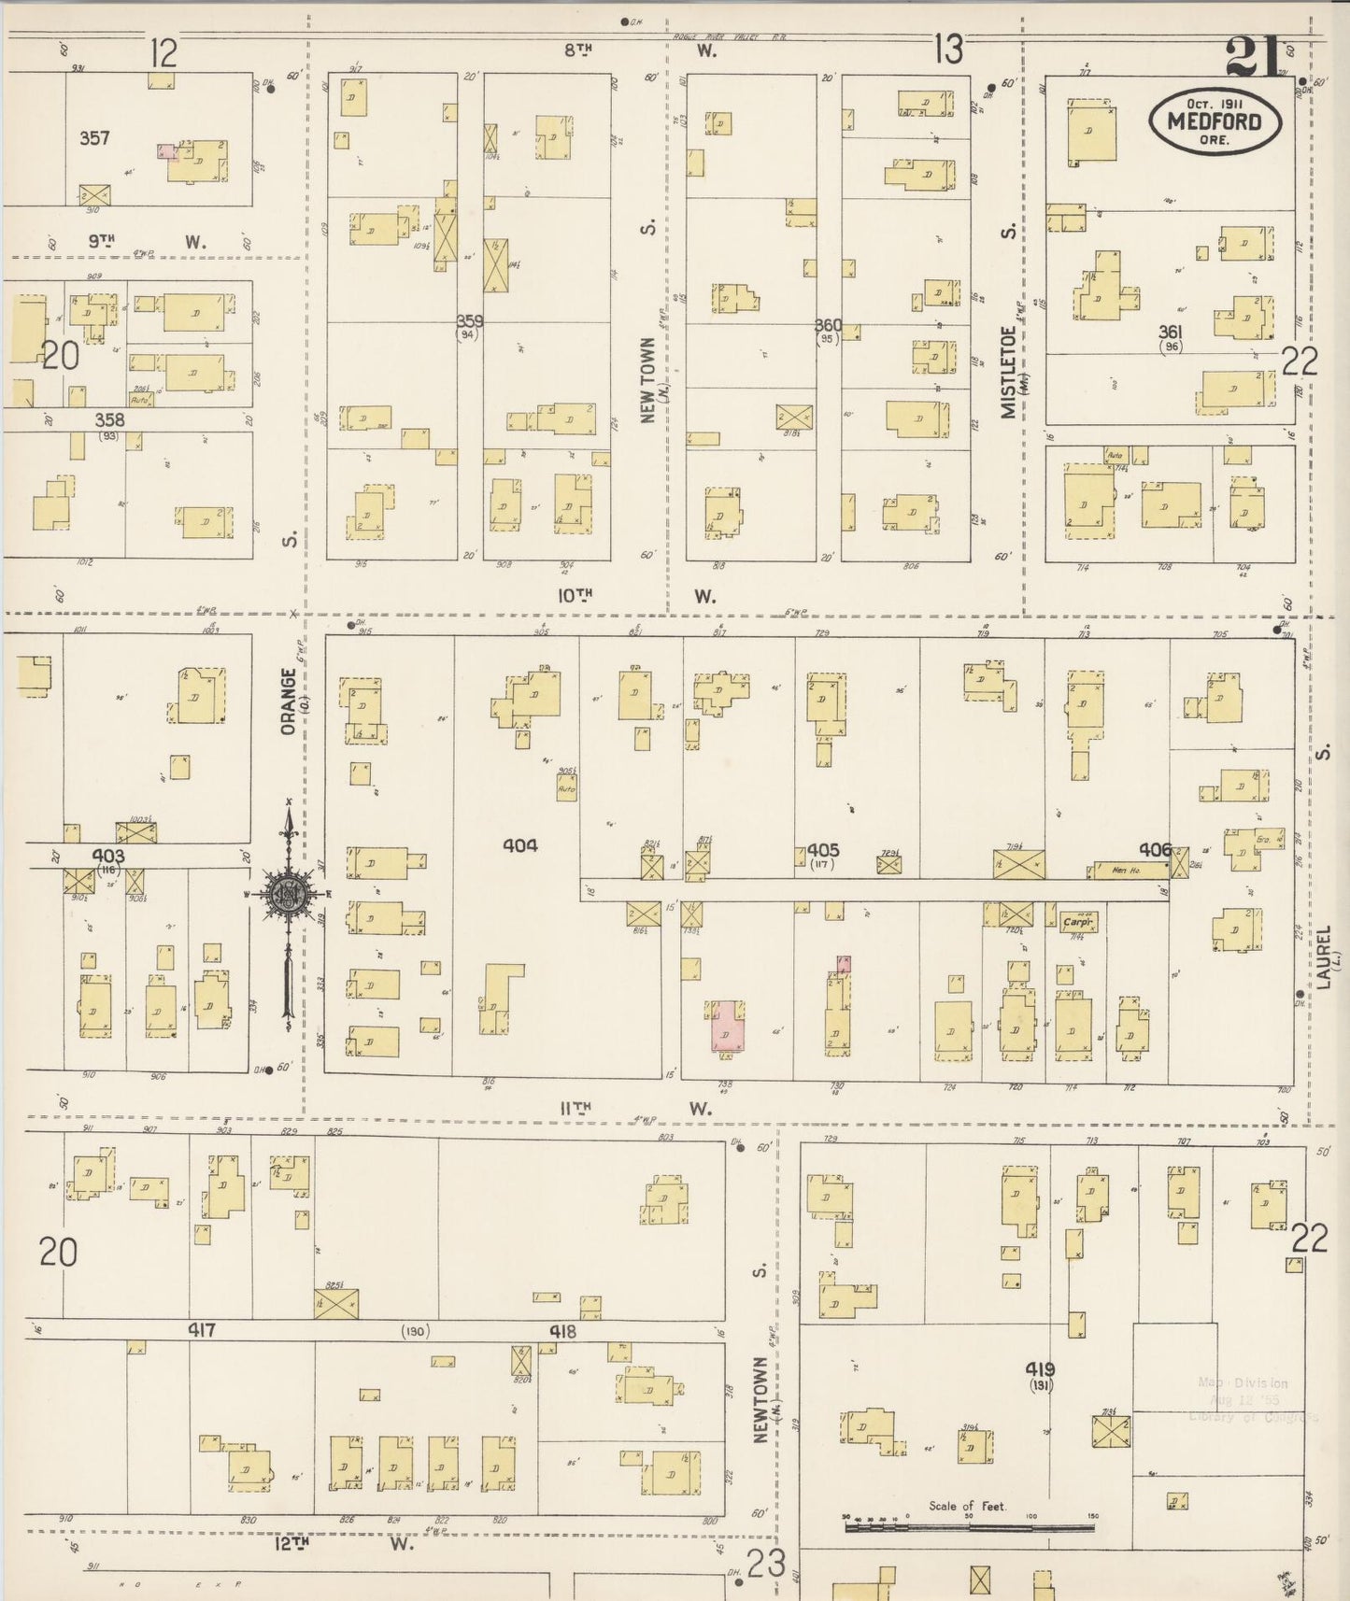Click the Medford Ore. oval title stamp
[x=1215, y=121]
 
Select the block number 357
[x=94, y=138]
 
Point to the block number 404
[x=519, y=845]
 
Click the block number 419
[x=1041, y=1370]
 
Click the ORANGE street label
[x=289, y=701]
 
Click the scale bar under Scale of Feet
[x=969, y=1528]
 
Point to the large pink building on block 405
[x=726, y=1027]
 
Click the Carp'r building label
[x=1077, y=922]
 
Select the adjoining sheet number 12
[x=163, y=53]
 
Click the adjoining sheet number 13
[x=948, y=49]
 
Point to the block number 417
[x=202, y=1330]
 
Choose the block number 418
[x=562, y=1332]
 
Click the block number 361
[x=1170, y=332]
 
